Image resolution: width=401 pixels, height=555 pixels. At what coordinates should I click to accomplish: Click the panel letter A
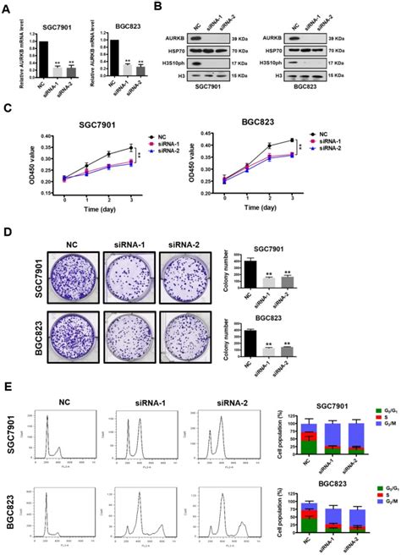8,9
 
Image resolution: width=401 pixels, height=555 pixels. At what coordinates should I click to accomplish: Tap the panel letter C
8,110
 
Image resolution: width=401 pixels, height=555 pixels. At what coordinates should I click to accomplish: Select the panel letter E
8,386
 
